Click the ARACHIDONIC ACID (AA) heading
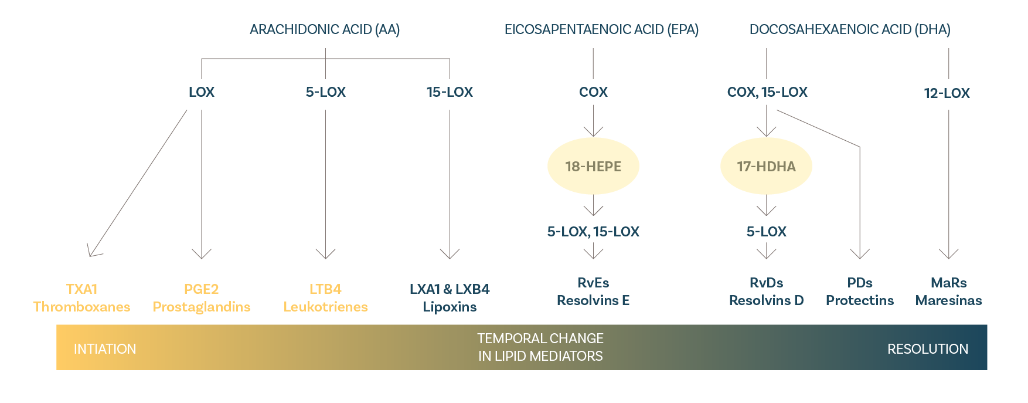(x=325, y=29)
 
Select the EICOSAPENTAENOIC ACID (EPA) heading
(x=601, y=29)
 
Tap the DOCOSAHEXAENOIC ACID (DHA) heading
(x=850, y=29)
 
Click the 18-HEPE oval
(x=593, y=167)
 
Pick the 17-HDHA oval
(x=766, y=167)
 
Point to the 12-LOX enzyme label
(x=947, y=93)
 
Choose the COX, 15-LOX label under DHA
(x=767, y=92)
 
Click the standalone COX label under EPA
(x=593, y=92)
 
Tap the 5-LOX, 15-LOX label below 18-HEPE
(x=593, y=232)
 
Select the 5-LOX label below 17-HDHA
(x=766, y=232)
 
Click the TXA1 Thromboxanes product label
(x=81, y=298)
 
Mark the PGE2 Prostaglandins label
(x=201, y=298)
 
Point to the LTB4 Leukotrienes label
(x=325, y=298)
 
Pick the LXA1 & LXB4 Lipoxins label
(x=450, y=298)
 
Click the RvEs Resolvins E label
(x=593, y=292)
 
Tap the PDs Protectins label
(x=860, y=292)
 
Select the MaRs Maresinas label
(x=948, y=292)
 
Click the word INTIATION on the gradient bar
(x=105, y=349)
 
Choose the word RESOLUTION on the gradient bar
(x=927, y=349)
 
